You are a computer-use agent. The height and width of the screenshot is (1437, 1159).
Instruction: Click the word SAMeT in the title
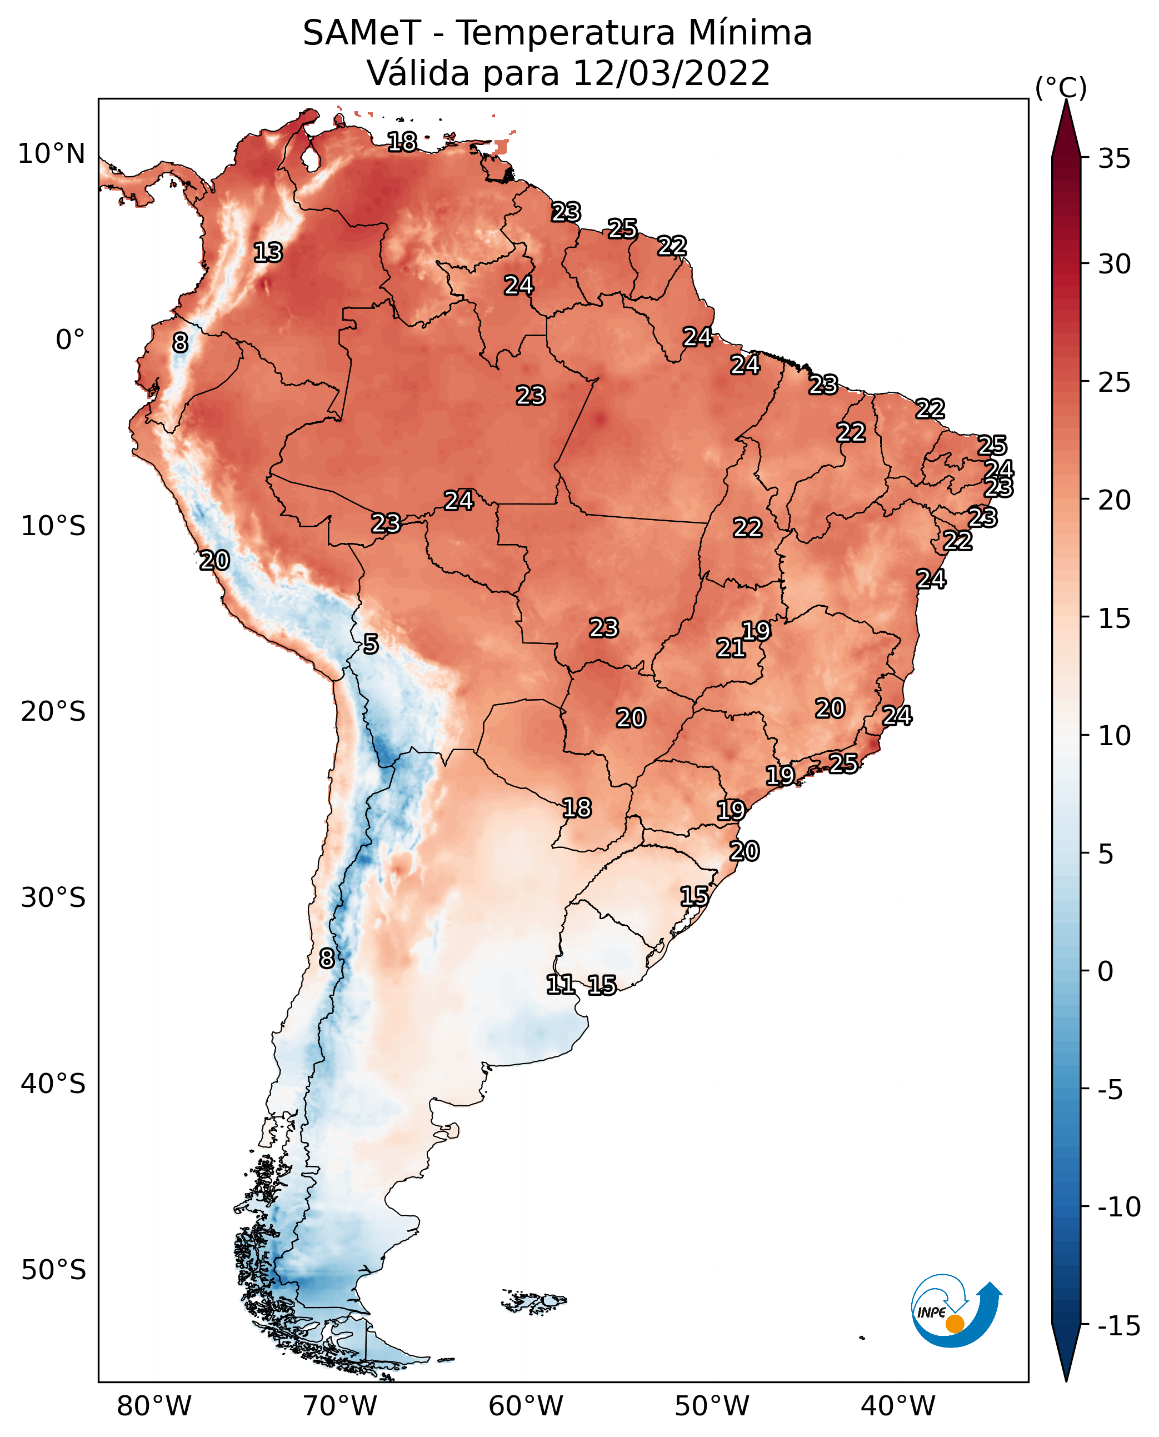coord(361,33)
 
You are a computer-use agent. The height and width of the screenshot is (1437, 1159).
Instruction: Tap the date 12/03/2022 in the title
coord(671,73)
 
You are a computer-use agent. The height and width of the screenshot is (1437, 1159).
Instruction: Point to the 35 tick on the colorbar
coord(1114,158)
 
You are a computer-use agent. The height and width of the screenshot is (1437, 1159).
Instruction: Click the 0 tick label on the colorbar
coord(1106,971)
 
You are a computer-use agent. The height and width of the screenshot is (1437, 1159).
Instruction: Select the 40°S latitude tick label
coord(53,1083)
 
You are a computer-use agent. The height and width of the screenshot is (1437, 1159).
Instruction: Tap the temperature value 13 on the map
coord(268,252)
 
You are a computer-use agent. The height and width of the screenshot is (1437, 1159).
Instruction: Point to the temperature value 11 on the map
coord(560,984)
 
